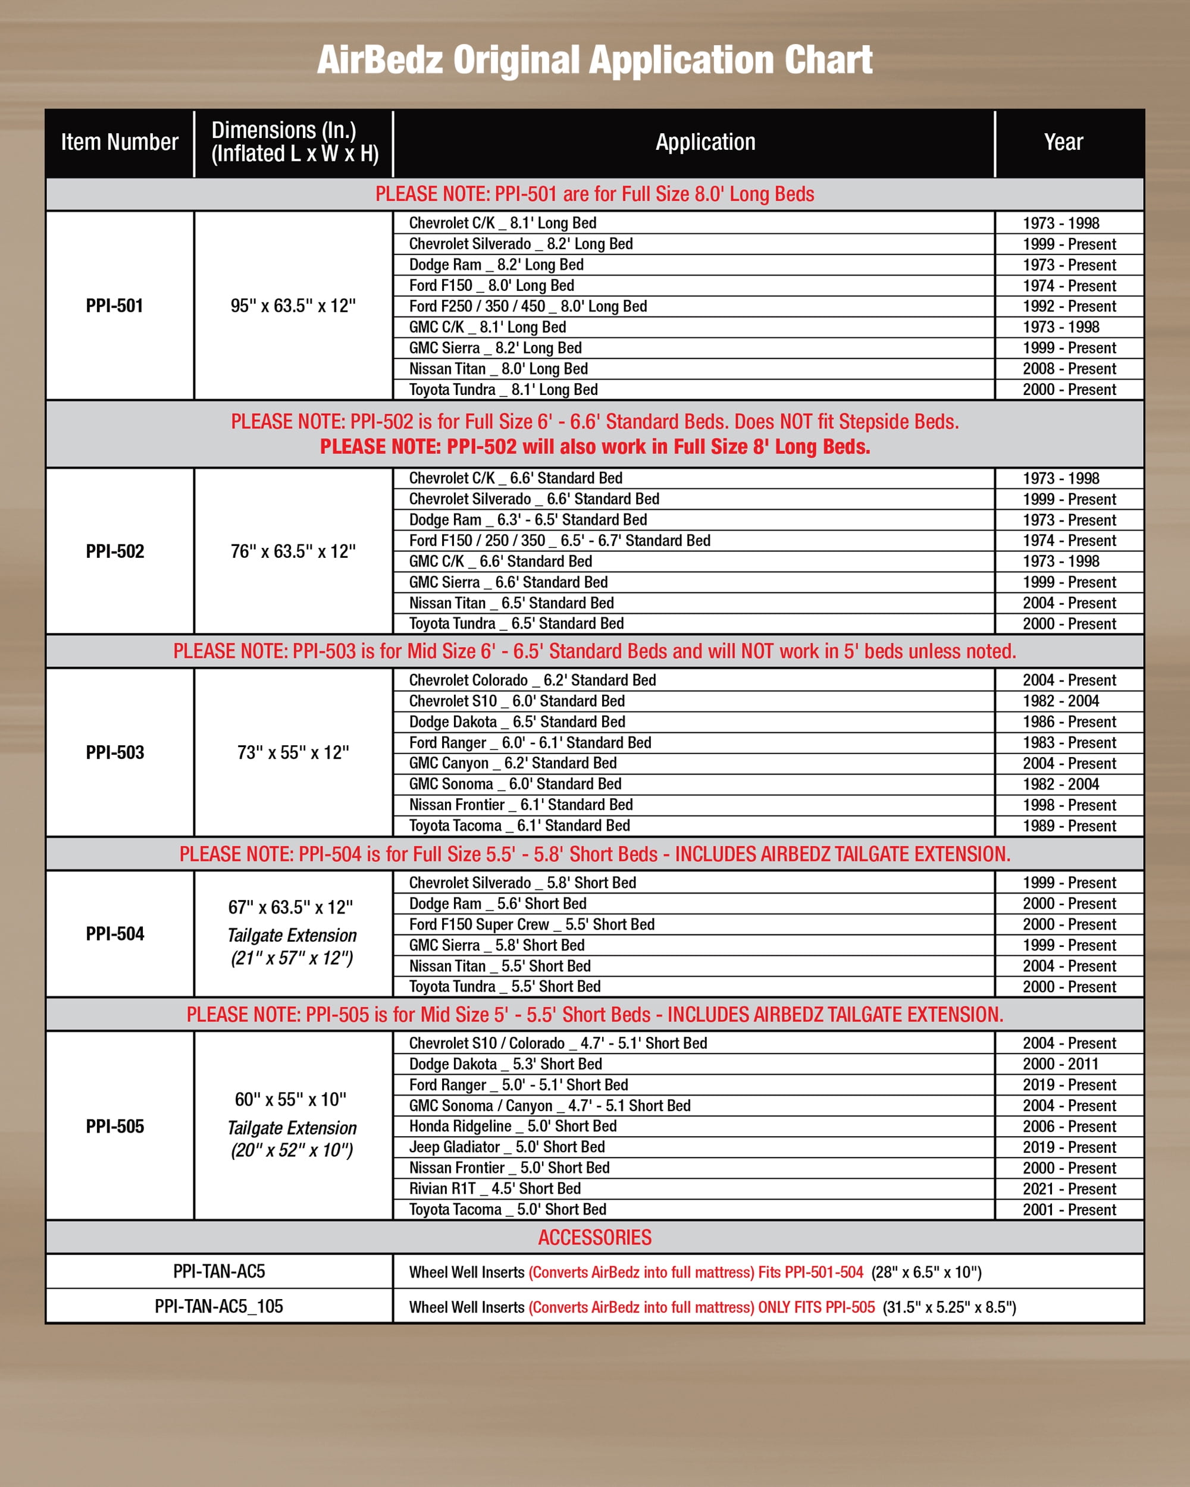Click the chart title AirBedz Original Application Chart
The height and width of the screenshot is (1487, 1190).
tap(594, 60)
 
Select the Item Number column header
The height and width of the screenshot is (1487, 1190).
tap(120, 142)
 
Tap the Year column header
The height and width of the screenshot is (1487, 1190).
tap(1063, 142)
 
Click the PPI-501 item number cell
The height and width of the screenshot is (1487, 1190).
tap(114, 306)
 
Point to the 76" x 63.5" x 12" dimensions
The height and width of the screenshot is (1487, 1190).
tap(293, 551)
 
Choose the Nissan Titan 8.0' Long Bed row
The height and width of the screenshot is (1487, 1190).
tap(498, 369)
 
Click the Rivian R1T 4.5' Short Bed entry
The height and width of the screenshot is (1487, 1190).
tap(494, 1188)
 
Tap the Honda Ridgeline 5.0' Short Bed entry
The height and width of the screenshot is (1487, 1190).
tap(512, 1127)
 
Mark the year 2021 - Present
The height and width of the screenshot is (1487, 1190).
tap(1069, 1188)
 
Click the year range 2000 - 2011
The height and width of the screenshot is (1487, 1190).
tap(1060, 1064)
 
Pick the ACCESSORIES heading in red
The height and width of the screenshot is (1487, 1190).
tap(594, 1237)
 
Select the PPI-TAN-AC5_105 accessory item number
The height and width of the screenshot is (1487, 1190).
tap(219, 1306)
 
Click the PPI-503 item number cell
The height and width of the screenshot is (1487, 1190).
tap(114, 752)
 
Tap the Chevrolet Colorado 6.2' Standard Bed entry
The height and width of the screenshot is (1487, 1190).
tap(532, 680)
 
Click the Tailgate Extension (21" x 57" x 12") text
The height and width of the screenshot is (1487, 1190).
tap(292, 946)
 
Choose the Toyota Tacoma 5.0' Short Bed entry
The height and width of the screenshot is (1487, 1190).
tap(507, 1209)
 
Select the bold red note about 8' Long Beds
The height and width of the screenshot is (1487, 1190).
tap(594, 447)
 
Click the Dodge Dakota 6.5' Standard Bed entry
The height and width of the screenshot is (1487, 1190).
tap(516, 721)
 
